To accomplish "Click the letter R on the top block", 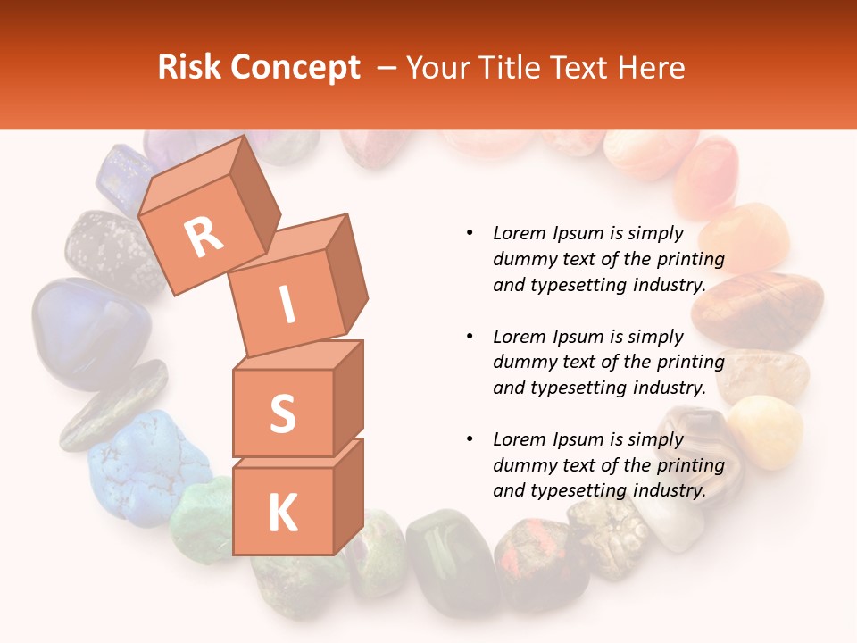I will point(204,237).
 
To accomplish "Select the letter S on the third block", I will point(282,413).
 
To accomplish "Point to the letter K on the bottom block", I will point(282,514).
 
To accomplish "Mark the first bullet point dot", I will point(470,233).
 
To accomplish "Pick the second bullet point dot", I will point(470,337).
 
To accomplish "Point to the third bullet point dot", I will point(470,439).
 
